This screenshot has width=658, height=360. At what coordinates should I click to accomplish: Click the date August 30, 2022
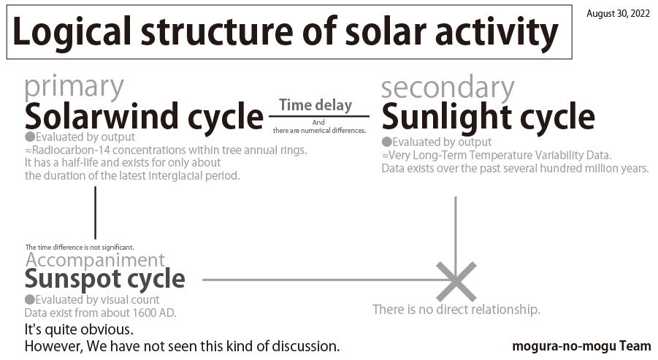coord(618,13)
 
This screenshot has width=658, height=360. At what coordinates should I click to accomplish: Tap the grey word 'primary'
coord(74,88)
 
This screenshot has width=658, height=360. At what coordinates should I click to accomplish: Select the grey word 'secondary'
coord(448,88)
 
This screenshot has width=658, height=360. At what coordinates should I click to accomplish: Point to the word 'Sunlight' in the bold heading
coord(446,116)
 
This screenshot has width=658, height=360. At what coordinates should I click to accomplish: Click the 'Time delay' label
coord(315,105)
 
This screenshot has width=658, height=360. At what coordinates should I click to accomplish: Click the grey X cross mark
coord(456,282)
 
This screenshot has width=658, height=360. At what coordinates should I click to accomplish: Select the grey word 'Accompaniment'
coord(95,261)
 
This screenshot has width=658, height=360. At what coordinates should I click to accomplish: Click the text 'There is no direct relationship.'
coord(456,310)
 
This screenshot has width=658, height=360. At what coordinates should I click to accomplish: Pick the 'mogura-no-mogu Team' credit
coord(581,346)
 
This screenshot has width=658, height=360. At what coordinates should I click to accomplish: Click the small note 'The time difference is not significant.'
coord(80,248)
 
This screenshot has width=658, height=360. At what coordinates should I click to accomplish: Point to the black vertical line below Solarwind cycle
coord(95,212)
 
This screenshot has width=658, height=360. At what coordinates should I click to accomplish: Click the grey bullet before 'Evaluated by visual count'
coord(29,299)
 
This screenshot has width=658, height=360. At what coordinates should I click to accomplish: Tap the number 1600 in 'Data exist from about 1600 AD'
coord(145,313)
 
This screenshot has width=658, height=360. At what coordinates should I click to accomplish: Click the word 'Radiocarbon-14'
coord(71,150)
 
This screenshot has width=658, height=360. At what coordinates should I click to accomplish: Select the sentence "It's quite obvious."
coord(79,330)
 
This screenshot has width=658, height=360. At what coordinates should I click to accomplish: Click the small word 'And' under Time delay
coord(318,123)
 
